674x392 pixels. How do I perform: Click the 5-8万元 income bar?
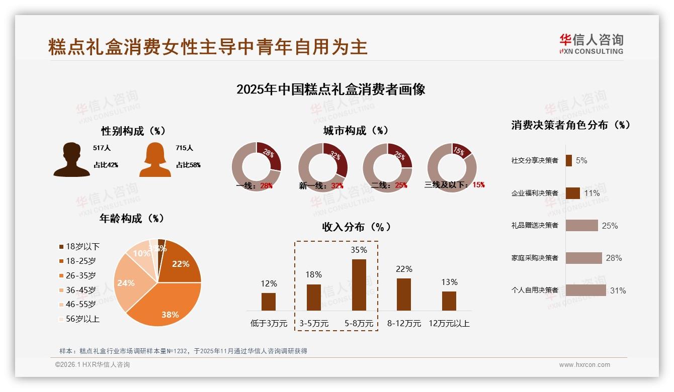[359, 285]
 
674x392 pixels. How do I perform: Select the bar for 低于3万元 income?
[269, 302]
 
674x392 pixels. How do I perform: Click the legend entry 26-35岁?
[80, 275]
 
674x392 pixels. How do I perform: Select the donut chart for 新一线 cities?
[322, 167]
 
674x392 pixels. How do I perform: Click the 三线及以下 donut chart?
[452, 167]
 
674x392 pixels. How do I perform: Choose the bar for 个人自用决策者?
[585, 290]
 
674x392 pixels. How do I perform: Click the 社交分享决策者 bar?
[569, 160]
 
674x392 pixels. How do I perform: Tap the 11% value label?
[592, 193]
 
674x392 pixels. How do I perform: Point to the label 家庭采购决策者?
[535, 258]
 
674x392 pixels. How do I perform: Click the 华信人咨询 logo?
[592, 44]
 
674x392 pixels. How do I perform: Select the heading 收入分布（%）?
[356, 227]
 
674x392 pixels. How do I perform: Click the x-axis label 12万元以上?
[449, 323]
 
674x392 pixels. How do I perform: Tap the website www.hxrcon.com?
[584, 365]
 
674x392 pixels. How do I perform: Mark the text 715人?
[185, 148]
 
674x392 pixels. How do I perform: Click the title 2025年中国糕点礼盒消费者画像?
[330, 89]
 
